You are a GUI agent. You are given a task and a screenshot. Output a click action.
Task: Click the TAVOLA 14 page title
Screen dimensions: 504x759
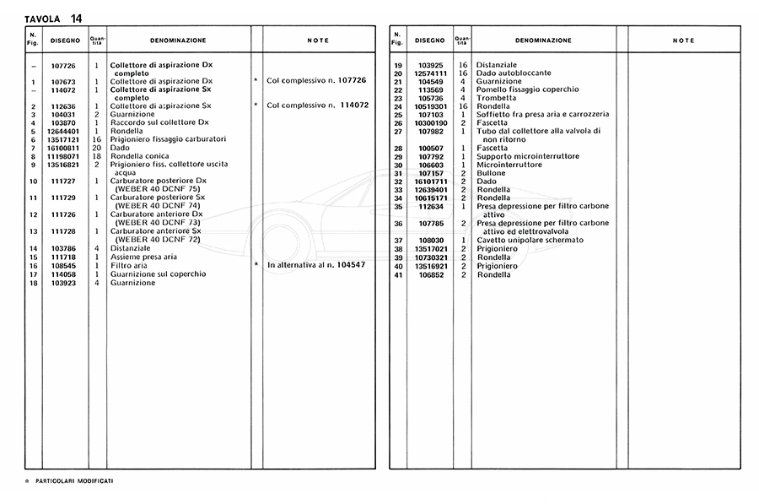pyautogui.click(x=54, y=18)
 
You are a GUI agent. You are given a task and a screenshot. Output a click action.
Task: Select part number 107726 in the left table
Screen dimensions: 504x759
pyautogui.click(x=65, y=65)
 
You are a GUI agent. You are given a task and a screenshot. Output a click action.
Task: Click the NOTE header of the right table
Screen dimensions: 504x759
pyautogui.click(x=684, y=41)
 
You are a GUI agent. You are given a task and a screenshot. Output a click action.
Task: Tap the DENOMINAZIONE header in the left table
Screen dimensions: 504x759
pyautogui.click(x=178, y=41)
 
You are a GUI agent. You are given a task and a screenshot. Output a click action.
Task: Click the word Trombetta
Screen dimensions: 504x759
pyautogui.click(x=497, y=98)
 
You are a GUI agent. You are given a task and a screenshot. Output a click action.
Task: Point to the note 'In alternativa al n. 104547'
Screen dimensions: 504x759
pyautogui.click(x=315, y=265)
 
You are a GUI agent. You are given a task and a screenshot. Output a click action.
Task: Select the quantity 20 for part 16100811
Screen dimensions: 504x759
pyautogui.click(x=96, y=148)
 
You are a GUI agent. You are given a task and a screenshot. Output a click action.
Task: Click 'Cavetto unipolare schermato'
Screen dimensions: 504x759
pyautogui.click(x=529, y=240)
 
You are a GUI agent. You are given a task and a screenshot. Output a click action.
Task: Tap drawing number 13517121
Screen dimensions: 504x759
pyautogui.click(x=65, y=139)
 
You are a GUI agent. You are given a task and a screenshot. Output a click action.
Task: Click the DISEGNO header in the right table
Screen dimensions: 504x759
pyautogui.click(x=430, y=41)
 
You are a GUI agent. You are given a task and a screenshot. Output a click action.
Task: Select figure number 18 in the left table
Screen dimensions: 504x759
pyautogui.click(x=33, y=283)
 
